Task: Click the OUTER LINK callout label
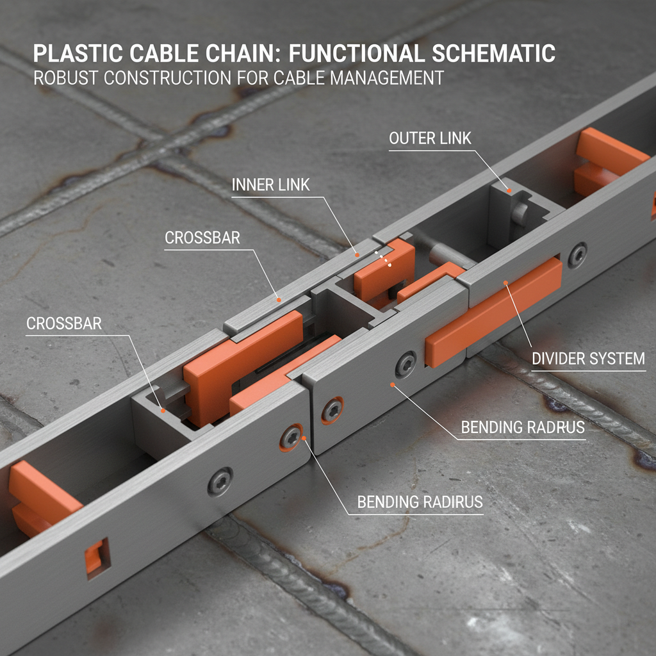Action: (x=430, y=138)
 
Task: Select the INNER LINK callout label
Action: (x=270, y=185)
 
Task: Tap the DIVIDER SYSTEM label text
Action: (x=588, y=359)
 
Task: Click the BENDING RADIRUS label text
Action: (x=420, y=502)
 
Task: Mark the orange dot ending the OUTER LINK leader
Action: (x=508, y=190)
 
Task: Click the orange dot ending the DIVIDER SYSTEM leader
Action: (x=506, y=282)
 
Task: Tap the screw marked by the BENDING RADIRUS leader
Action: (x=292, y=438)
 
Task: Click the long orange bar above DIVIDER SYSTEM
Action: (x=493, y=314)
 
